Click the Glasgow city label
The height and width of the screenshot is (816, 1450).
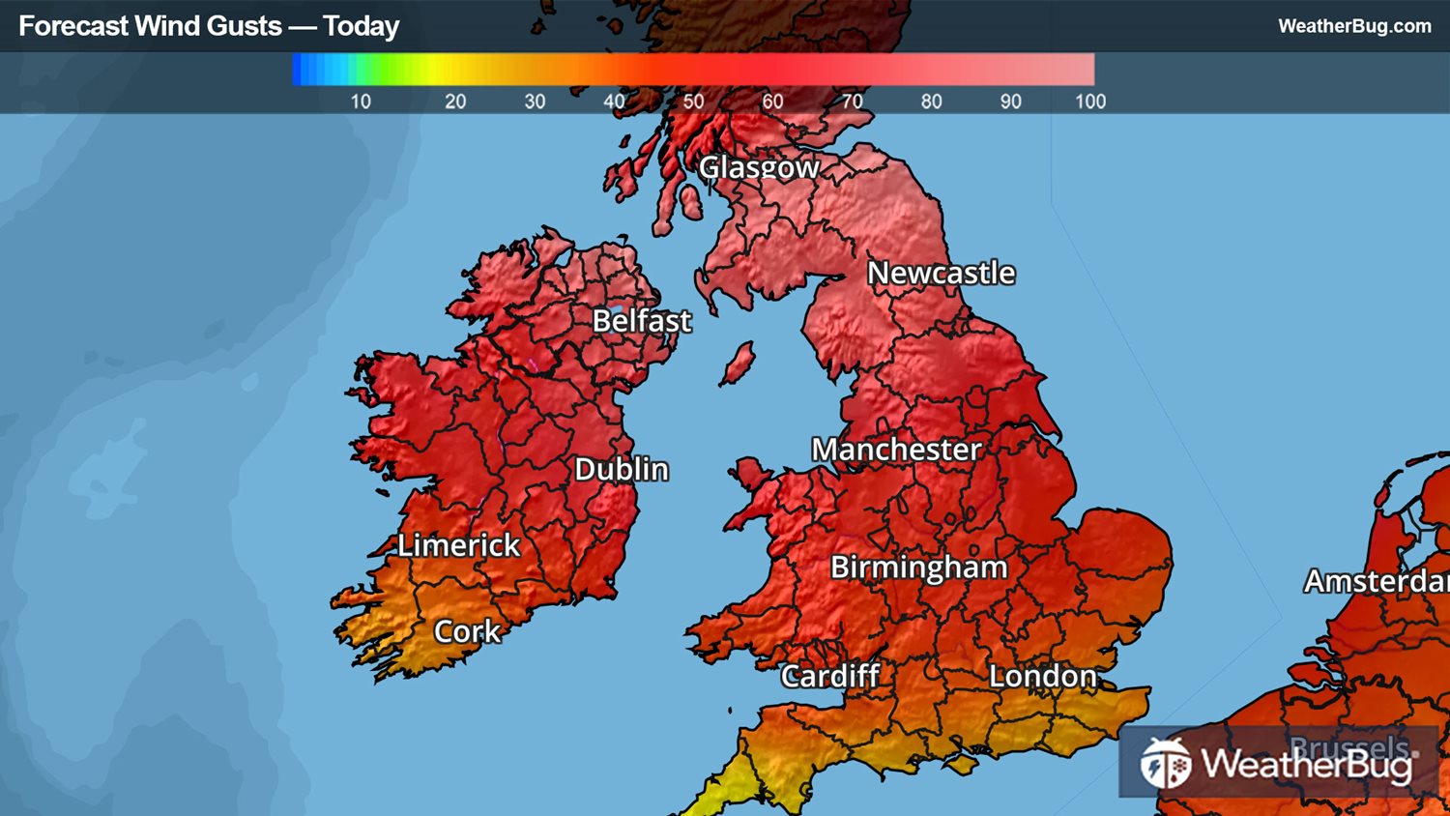click(759, 167)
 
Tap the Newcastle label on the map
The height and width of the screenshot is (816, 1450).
click(941, 274)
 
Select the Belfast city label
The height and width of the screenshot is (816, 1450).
click(642, 321)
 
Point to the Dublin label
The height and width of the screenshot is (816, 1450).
click(622, 470)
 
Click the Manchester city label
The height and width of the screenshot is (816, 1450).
click(896, 450)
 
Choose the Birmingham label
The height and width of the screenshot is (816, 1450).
click(918, 568)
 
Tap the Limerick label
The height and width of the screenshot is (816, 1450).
click(459, 545)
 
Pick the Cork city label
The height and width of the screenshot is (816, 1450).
click(467, 632)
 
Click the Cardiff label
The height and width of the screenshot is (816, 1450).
click(830, 676)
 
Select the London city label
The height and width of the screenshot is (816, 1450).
click(1043, 676)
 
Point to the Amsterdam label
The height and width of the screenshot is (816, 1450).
click(1376, 581)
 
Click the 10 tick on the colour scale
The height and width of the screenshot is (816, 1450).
click(361, 102)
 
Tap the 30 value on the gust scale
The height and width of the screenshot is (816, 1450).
click(535, 102)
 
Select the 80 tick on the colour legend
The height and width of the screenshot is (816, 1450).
click(931, 102)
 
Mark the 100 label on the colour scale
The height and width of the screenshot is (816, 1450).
click(1090, 102)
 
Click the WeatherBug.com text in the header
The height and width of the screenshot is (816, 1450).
click(1354, 26)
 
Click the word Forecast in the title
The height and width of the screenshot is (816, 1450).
click(73, 26)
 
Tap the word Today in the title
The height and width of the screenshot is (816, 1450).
click(361, 26)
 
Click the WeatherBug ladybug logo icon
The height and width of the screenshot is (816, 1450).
click(1165, 764)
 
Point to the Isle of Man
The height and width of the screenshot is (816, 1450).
click(738, 364)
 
